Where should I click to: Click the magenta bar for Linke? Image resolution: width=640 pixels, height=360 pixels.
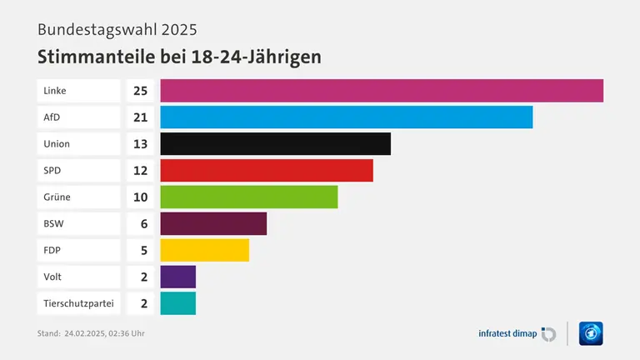pyautogui.click(x=382, y=90)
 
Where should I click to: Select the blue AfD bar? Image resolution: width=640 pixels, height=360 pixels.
pyautogui.click(x=346, y=117)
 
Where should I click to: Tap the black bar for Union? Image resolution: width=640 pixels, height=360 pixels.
pyautogui.click(x=275, y=143)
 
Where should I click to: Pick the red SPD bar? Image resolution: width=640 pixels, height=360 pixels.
pyautogui.click(x=267, y=170)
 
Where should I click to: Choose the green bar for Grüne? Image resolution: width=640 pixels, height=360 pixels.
pyautogui.click(x=248, y=197)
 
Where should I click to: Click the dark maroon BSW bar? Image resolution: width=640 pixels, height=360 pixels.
pyautogui.click(x=213, y=223)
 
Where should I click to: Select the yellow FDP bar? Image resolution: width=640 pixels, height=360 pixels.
pyautogui.click(x=204, y=250)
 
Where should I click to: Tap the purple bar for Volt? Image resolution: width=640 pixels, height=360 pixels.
pyautogui.click(x=177, y=277)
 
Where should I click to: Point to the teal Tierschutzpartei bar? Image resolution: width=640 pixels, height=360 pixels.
pyautogui.click(x=177, y=303)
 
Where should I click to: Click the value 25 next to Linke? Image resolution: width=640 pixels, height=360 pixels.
pyautogui.click(x=140, y=90)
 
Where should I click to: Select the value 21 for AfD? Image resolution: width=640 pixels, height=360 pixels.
pyautogui.click(x=140, y=117)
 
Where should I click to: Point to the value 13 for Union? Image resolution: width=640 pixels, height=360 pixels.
pyautogui.click(x=140, y=143)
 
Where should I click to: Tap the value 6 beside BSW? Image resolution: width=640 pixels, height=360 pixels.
pyautogui.click(x=143, y=223)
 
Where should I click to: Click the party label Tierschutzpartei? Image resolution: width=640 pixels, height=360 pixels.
pyautogui.click(x=78, y=303)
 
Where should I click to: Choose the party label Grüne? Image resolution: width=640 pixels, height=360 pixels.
pyautogui.click(x=57, y=197)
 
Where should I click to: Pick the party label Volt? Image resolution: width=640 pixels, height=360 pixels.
pyautogui.click(x=52, y=277)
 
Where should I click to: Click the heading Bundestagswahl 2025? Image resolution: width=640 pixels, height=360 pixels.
pyautogui.click(x=117, y=29)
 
